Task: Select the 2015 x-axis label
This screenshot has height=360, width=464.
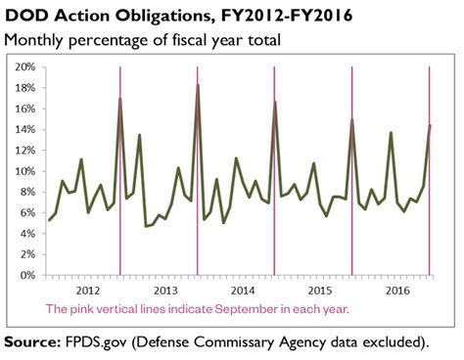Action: pos(320,291)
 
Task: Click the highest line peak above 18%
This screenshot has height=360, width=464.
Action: pos(198,85)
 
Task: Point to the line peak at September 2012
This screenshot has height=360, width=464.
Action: pos(120,99)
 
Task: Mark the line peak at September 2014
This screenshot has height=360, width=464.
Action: pos(275,102)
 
